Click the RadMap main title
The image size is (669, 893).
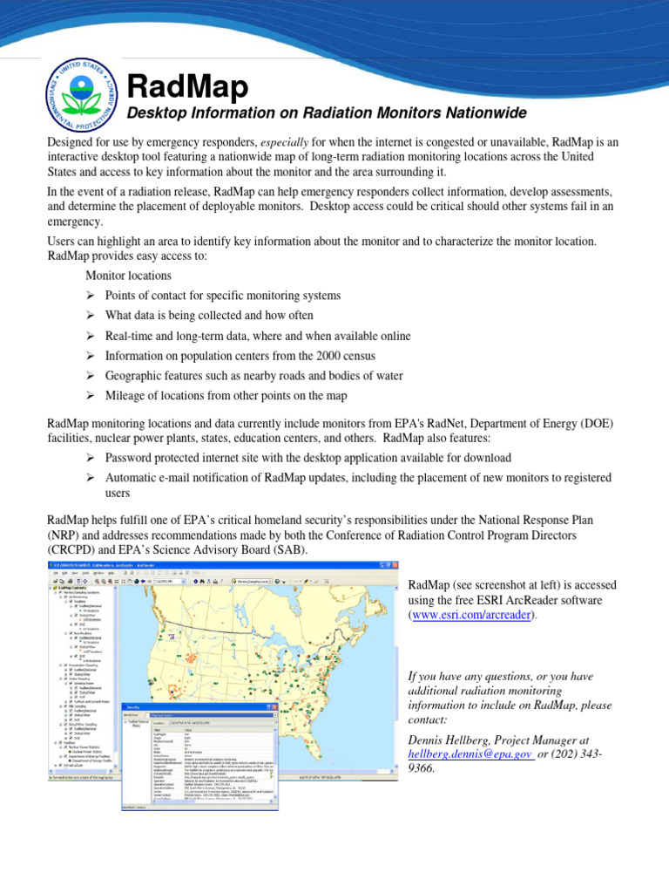(x=187, y=87)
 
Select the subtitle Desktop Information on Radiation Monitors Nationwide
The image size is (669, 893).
(x=327, y=114)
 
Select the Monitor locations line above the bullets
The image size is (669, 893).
(x=128, y=276)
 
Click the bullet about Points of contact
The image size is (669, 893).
(x=222, y=296)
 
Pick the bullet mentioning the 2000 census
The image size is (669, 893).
(x=240, y=356)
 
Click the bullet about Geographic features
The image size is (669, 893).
(x=253, y=376)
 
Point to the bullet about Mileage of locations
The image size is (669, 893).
(x=226, y=396)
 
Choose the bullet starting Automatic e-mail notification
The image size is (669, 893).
(x=357, y=478)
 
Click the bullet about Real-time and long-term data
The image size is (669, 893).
(x=257, y=336)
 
